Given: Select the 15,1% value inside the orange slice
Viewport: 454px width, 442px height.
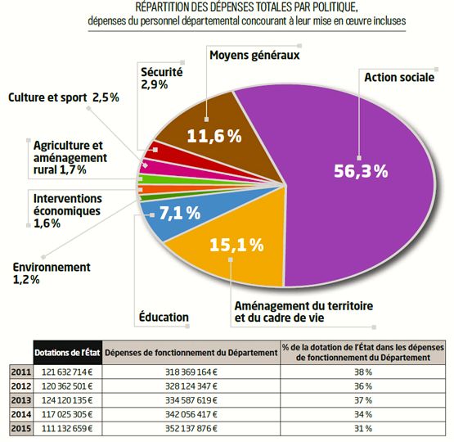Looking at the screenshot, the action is (x=236, y=245).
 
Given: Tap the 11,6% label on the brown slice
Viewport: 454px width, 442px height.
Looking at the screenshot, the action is (x=214, y=136).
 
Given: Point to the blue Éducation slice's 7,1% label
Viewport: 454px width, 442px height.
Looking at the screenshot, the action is (x=179, y=213).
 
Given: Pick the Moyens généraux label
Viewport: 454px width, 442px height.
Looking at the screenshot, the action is (x=254, y=55).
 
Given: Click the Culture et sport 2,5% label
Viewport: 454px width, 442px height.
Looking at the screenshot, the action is (x=64, y=97).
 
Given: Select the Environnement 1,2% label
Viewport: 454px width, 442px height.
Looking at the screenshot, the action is (x=52, y=273).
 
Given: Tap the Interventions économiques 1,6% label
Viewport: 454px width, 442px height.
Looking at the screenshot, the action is (x=67, y=211).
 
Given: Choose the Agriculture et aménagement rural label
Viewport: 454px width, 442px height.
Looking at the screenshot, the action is (x=70, y=158).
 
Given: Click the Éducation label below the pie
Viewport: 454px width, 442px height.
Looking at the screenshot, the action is (x=164, y=317).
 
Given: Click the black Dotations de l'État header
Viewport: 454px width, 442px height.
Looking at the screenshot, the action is (x=67, y=353).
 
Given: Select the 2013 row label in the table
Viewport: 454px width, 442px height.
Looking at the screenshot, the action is (x=21, y=400).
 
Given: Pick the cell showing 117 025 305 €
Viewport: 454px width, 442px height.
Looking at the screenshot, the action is (x=67, y=414).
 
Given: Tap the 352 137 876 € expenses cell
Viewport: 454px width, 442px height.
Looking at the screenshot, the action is (x=191, y=428).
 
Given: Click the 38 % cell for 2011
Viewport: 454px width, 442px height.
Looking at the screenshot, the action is (x=363, y=372).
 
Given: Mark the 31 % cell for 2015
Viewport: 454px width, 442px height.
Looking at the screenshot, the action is (x=363, y=428).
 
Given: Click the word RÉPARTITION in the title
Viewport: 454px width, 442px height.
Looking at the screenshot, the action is (x=164, y=7).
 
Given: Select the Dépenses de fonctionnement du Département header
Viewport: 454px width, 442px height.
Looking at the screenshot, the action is (x=191, y=353).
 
